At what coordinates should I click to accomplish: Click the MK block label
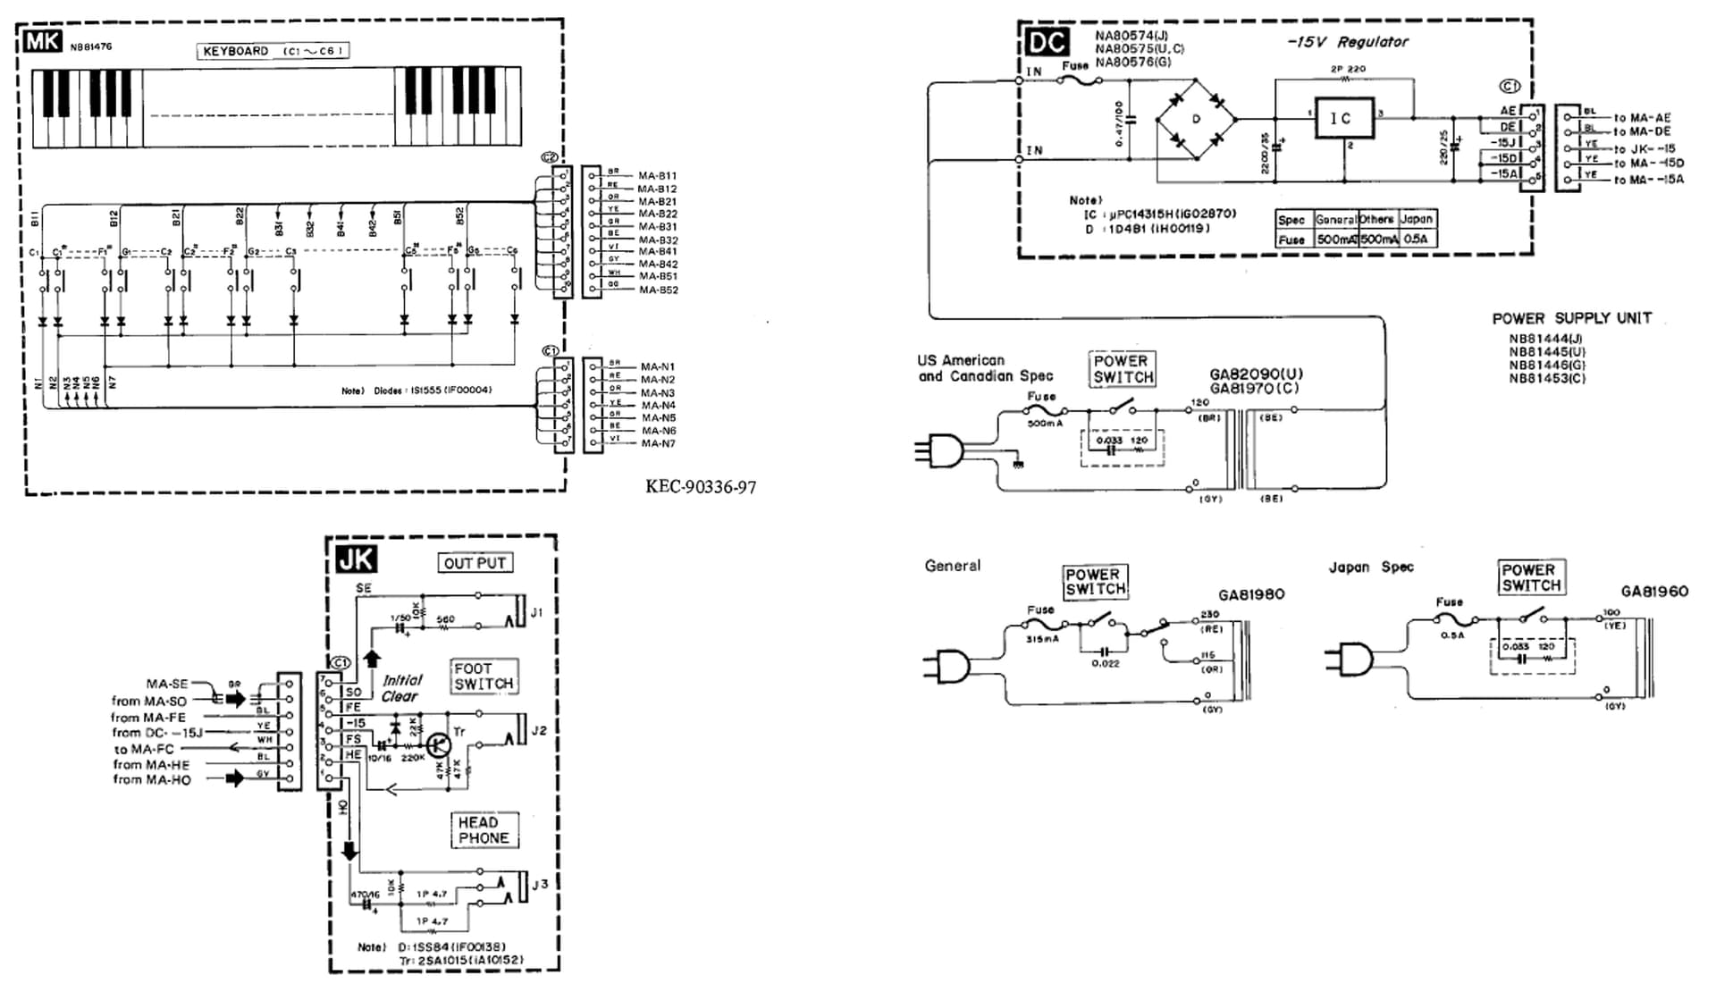click(42, 41)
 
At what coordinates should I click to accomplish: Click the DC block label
click(1047, 42)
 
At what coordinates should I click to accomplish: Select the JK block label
click(356, 559)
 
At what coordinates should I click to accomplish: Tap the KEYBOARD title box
click(273, 51)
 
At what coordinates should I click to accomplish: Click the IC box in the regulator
click(1342, 118)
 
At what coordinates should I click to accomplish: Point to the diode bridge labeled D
click(1197, 119)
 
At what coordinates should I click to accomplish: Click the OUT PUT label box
click(475, 563)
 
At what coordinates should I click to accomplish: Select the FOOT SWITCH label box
click(484, 677)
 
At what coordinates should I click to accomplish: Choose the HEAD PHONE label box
click(484, 830)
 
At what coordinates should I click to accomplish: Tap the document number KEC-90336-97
click(701, 487)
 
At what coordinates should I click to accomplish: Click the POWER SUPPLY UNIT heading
click(1571, 318)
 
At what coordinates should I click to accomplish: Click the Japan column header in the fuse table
click(1416, 219)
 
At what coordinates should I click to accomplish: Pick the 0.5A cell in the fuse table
click(1416, 240)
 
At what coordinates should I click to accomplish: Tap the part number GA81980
click(1251, 595)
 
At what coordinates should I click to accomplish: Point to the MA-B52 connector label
click(658, 290)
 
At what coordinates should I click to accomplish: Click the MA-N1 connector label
click(658, 366)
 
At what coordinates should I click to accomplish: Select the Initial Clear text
click(400, 688)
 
